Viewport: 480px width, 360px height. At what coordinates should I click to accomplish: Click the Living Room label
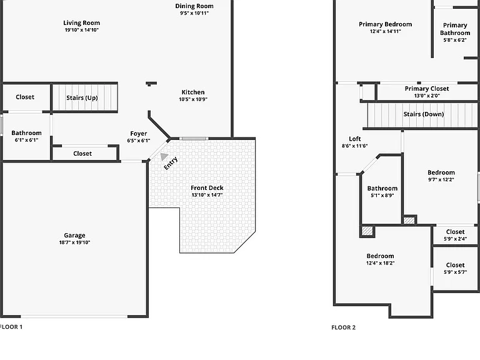tap(81, 23)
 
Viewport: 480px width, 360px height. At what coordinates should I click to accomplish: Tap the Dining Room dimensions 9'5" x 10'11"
tap(194, 13)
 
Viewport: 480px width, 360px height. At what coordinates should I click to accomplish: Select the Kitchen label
tap(193, 92)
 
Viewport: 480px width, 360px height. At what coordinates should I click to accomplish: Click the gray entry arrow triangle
tap(164, 156)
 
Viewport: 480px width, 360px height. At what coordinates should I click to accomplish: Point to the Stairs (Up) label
tap(82, 97)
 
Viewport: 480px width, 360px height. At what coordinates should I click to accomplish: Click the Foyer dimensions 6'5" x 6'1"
tap(139, 141)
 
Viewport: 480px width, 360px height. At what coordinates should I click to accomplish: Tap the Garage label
tap(75, 235)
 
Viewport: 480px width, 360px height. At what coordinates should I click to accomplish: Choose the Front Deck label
tap(207, 187)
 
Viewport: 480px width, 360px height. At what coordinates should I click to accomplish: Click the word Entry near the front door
tap(171, 163)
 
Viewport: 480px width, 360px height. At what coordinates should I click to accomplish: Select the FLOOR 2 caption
tap(344, 327)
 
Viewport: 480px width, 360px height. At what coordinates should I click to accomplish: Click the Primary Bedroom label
tap(386, 24)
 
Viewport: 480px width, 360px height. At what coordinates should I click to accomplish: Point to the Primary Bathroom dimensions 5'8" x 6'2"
tap(455, 40)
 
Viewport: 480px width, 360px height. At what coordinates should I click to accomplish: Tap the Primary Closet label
tap(427, 89)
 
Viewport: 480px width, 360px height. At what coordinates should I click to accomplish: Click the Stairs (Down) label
tap(424, 114)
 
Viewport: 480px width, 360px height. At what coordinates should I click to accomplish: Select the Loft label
tap(355, 139)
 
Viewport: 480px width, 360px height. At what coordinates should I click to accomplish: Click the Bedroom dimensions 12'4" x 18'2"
tap(380, 263)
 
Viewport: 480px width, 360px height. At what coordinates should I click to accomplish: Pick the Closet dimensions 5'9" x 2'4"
tap(455, 239)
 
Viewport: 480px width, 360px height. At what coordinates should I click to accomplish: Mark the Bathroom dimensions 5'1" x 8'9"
tap(382, 195)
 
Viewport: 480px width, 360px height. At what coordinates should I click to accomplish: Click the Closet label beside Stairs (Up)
tap(25, 97)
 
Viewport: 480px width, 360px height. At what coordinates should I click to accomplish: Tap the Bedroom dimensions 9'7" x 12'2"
tap(441, 180)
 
